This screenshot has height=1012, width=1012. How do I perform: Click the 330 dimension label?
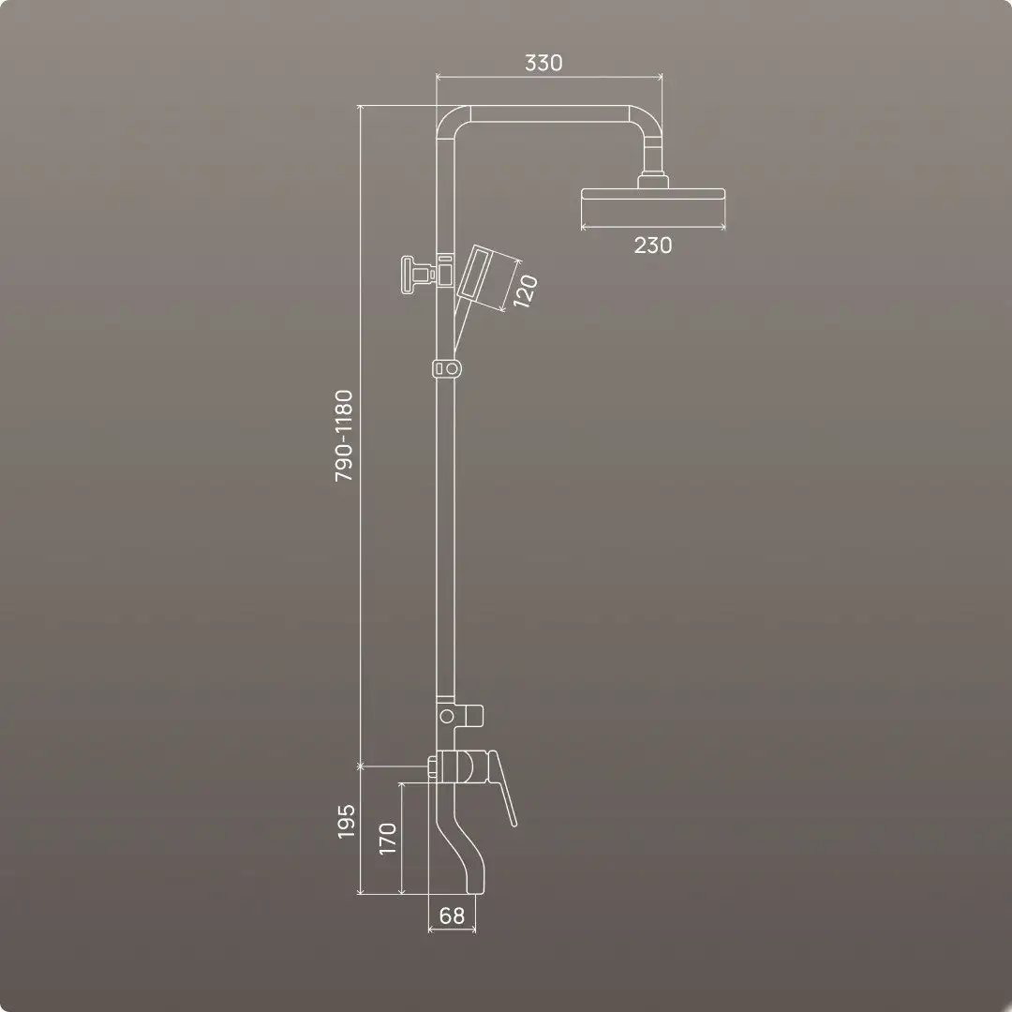coord(543,63)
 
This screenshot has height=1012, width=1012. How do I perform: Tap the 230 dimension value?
coord(653,246)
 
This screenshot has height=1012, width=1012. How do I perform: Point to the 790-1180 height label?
coord(345,436)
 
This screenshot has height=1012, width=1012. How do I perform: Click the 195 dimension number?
coord(346,822)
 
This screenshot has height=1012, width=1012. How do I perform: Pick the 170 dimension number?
coord(388,838)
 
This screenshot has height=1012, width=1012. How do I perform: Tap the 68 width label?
coord(452,915)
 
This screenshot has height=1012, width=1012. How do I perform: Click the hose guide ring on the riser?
coord(448,368)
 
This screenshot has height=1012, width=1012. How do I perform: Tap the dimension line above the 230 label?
coord(653,226)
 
